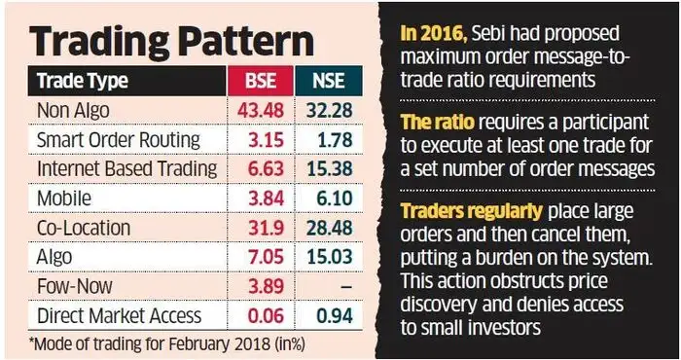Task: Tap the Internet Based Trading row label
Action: point(126,167)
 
